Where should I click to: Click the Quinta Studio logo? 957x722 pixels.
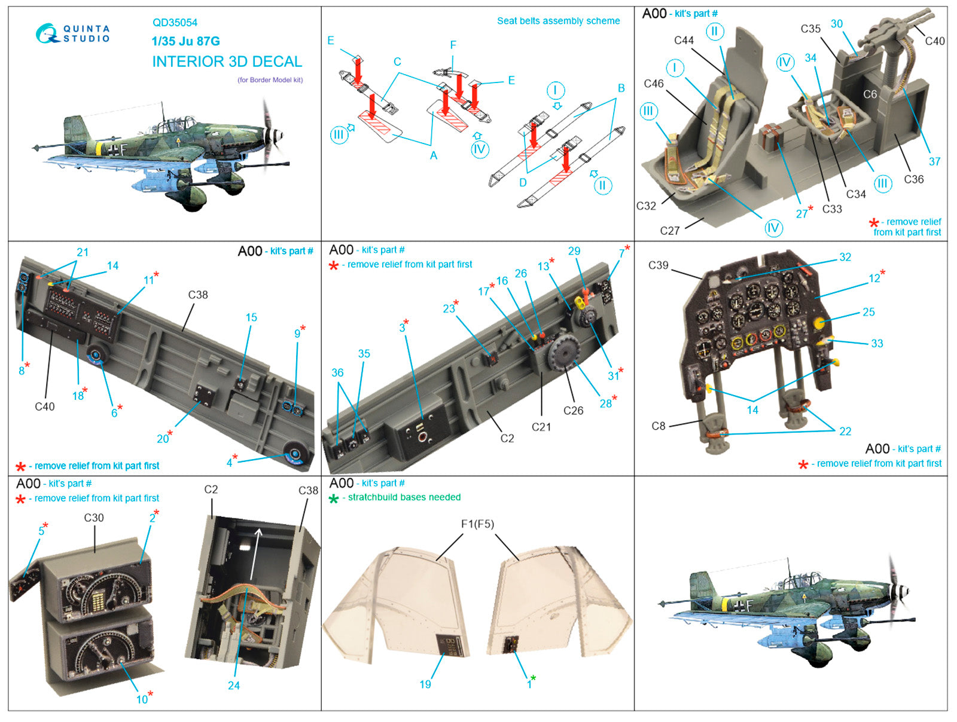click(x=72, y=33)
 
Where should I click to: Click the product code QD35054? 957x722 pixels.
click(x=175, y=23)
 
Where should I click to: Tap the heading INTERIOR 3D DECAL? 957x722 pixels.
click(x=227, y=62)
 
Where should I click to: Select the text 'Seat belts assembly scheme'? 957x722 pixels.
click(x=558, y=21)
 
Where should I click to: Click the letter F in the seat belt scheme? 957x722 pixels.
click(x=453, y=45)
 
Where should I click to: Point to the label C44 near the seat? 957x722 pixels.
click(x=684, y=40)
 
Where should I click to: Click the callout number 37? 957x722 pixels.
click(x=934, y=161)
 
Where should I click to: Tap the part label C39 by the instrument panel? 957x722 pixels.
click(x=658, y=265)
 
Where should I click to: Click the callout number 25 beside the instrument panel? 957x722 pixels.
click(x=868, y=311)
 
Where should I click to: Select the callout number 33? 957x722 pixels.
click(x=876, y=343)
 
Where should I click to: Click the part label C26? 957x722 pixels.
click(x=573, y=411)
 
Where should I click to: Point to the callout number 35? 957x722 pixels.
click(x=364, y=353)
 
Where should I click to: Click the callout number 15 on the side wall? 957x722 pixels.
click(x=251, y=317)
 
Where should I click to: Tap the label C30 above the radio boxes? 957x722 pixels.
click(x=94, y=518)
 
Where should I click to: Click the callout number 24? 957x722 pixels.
click(x=233, y=686)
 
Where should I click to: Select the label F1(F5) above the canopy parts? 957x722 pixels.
click(x=477, y=524)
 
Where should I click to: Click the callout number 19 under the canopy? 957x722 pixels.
click(x=425, y=684)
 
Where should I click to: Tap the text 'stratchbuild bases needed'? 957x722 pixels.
click(x=404, y=497)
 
